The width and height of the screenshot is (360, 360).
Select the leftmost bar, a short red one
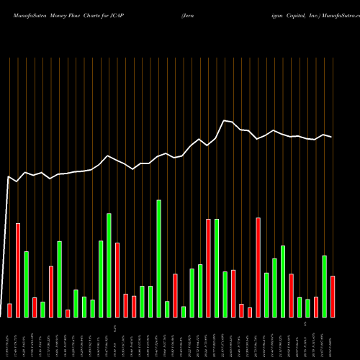tap(9, 310)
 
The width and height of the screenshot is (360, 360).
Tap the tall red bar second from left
tap(18, 270)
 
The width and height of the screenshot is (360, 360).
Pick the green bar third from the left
tap(27, 284)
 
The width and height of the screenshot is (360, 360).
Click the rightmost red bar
tap(333, 296)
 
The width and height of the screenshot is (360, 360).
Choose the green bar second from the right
tap(324, 286)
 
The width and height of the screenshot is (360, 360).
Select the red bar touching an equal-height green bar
tap(208, 268)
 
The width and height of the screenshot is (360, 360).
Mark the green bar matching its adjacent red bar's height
tap(216, 268)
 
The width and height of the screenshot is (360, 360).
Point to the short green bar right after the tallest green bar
tap(167, 309)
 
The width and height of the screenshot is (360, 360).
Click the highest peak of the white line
tap(225, 120)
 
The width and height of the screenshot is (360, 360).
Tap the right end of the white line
tap(332, 137)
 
